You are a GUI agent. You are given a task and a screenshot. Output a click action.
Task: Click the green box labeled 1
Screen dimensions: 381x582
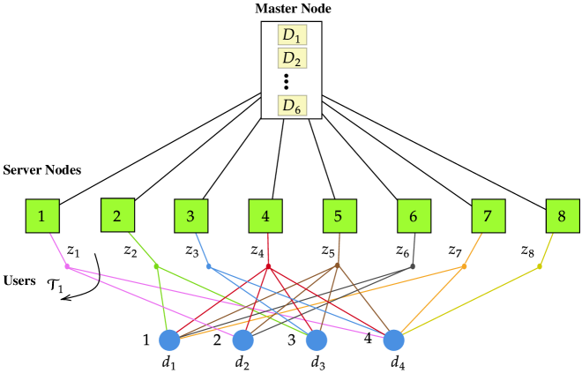click(x=41, y=216)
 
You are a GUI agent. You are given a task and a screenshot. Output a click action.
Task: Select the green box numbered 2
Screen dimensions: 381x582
click(x=117, y=215)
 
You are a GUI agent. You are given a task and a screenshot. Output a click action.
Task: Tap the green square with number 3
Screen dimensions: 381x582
click(x=190, y=216)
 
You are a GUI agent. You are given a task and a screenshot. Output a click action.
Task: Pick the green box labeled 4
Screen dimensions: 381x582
click(x=265, y=216)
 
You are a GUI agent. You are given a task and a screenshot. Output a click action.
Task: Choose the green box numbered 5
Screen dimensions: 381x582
click(x=339, y=216)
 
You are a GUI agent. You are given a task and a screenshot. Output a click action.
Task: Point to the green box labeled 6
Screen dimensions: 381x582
click(x=414, y=216)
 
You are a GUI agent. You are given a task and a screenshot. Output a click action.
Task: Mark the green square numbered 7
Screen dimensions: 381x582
click(x=488, y=216)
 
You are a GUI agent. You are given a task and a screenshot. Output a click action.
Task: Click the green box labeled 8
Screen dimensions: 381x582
click(x=562, y=216)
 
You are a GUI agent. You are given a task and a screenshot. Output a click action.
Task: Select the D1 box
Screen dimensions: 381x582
click(x=292, y=35)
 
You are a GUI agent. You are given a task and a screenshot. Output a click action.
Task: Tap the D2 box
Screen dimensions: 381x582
click(x=292, y=59)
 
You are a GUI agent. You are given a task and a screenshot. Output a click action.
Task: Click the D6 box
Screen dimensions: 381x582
click(x=292, y=106)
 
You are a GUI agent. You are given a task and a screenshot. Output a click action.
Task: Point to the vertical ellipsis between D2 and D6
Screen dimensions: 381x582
click(x=287, y=82)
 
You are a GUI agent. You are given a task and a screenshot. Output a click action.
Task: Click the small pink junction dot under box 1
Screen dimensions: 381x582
click(x=68, y=266)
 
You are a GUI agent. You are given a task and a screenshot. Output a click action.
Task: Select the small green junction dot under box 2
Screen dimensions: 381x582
click(x=156, y=265)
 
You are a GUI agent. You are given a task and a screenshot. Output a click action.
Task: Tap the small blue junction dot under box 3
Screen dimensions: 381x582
click(x=209, y=266)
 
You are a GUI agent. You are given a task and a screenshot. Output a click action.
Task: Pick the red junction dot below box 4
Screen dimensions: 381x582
click(x=268, y=266)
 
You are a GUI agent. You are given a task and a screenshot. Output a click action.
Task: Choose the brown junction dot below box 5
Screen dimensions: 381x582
click(x=337, y=264)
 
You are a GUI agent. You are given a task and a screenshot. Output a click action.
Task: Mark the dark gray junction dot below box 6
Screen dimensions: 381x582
click(x=412, y=266)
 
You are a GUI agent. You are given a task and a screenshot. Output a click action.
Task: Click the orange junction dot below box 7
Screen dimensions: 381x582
click(x=464, y=266)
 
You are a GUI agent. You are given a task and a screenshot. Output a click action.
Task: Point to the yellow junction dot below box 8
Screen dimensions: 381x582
click(x=539, y=266)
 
